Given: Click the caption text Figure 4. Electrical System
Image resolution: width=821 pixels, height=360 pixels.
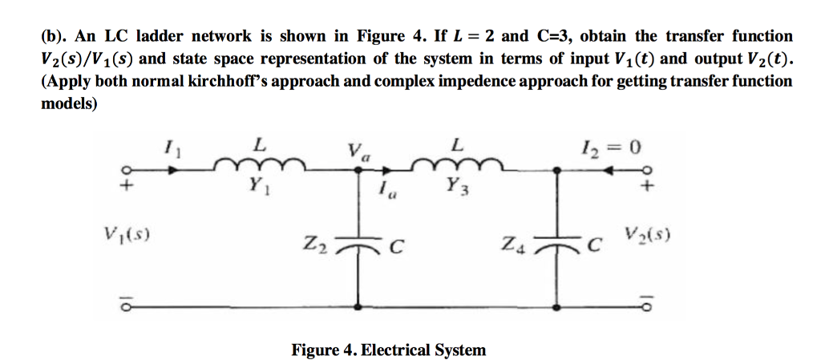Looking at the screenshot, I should click(388, 350).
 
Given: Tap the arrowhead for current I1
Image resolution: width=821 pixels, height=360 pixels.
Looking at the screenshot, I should click(174, 169).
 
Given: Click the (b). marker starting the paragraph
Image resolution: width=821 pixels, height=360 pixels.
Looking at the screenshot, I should click(55, 37).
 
